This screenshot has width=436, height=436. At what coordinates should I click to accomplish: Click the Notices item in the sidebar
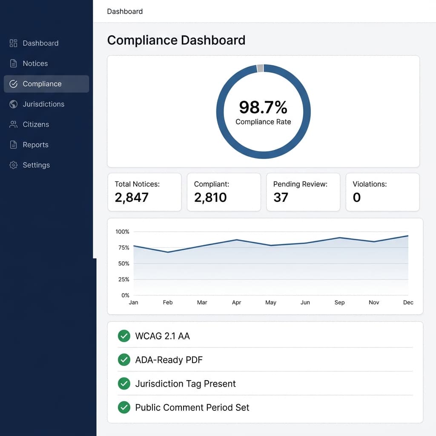pos(35,63)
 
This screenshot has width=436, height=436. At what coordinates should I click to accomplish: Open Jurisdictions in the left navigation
pos(43,104)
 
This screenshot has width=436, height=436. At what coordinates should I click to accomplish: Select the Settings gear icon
pos(14,165)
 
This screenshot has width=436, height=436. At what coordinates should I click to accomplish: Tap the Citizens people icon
pos(14,125)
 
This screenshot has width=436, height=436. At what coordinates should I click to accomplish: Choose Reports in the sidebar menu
pos(35,145)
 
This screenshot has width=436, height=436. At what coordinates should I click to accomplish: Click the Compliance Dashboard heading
pos(176,40)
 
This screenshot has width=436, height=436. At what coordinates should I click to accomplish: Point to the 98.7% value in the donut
pos(263,107)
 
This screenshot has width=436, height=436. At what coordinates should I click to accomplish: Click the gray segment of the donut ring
pos(260,68)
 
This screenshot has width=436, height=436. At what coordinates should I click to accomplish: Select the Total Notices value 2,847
pos(132,198)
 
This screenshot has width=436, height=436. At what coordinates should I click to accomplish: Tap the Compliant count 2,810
pos(210,198)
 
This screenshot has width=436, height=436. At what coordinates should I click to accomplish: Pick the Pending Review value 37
pos(281,198)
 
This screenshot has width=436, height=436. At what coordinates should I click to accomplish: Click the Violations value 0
pos(357,198)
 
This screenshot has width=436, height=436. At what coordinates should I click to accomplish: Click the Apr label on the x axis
pos(236,302)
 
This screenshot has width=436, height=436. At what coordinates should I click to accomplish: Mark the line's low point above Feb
pos(168,252)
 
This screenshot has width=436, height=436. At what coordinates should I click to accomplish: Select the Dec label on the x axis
pos(408,302)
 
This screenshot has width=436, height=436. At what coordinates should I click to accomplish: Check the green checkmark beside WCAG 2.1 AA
pos(124,336)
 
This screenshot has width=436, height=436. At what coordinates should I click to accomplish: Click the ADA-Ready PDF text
pos(169,360)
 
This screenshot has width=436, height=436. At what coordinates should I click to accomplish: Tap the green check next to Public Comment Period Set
pos(124,407)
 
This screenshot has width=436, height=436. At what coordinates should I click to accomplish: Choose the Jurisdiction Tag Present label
pos(185,384)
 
